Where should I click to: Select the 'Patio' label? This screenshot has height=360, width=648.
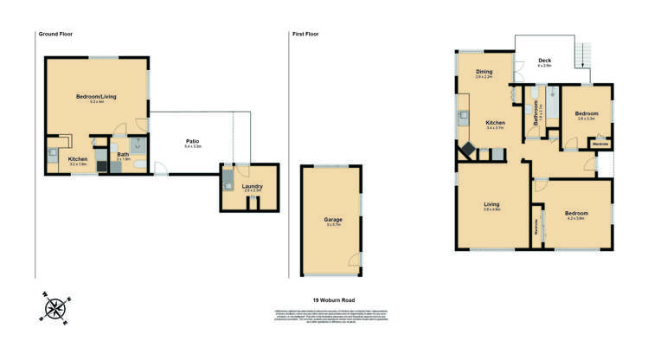click(x=193, y=141)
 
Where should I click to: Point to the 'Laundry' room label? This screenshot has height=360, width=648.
click(x=252, y=186)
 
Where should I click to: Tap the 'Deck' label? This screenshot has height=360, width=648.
click(x=545, y=60)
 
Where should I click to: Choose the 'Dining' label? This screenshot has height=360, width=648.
click(x=484, y=72)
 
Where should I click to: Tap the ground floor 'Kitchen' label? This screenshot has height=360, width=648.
click(x=79, y=159)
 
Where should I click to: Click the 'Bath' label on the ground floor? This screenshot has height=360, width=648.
click(x=123, y=155)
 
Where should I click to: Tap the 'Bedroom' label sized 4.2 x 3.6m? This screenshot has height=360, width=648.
click(x=576, y=213)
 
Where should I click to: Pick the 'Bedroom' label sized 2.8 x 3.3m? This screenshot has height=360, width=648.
click(x=586, y=113)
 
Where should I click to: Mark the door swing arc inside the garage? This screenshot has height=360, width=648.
click(x=354, y=260)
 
